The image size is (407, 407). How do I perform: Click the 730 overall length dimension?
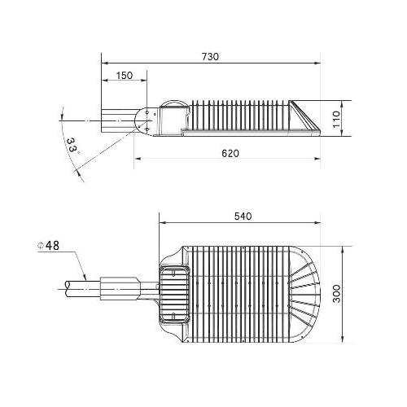click(210, 57)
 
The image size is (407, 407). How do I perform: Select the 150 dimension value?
click(125, 76)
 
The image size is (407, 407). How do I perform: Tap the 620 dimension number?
click(230, 154)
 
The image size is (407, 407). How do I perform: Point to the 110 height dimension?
click(336, 120)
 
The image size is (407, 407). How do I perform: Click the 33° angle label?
click(72, 147)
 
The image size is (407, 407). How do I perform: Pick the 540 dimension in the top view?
click(243, 217)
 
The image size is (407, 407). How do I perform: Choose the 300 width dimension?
click(336, 294)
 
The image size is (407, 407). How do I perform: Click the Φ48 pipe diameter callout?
click(48, 246)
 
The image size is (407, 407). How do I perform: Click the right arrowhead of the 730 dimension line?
click(317, 63)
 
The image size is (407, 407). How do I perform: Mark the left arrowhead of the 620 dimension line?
click(138, 159)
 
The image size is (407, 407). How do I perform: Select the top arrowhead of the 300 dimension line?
click(343, 250)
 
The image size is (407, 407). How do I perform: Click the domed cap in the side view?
click(173, 103)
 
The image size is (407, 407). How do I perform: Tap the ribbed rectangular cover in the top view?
click(174, 293)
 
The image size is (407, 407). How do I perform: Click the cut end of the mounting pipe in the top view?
click(67, 289)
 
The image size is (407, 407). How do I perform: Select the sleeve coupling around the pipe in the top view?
click(120, 288)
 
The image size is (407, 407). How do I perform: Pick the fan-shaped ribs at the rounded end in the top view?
click(304, 294)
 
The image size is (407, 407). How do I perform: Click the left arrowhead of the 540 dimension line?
click(163, 223)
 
